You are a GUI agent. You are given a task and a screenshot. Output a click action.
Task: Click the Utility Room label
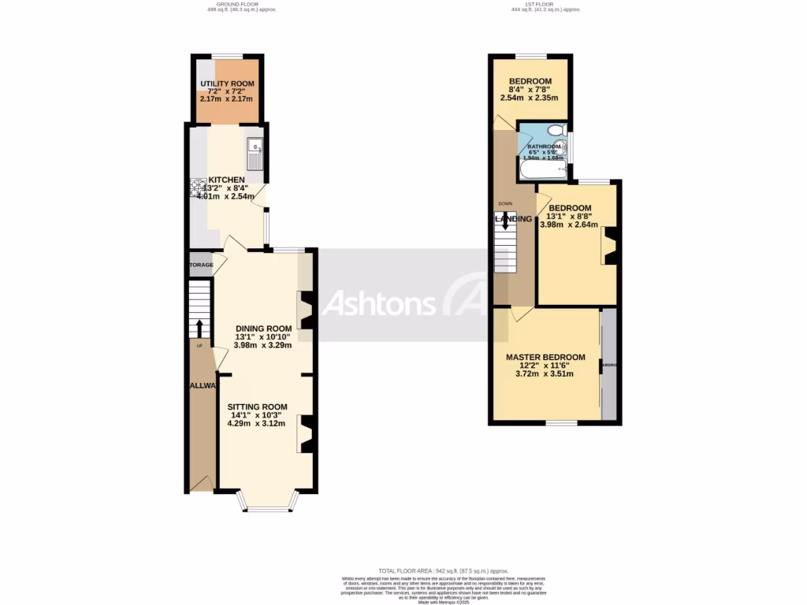click(x=227, y=84)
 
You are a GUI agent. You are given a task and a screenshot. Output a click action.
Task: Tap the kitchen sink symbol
click(x=254, y=154)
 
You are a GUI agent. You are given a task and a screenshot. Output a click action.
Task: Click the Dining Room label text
click(x=263, y=329)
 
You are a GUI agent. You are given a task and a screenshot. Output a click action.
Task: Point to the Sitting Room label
click(x=258, y=406)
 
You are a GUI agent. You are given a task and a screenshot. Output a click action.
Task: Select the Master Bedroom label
click(x=545, y=357)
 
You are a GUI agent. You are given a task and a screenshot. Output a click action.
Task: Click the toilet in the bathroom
click(x=556, y=130)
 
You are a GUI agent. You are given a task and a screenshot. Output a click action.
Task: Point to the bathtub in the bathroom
click(x=544, y=169)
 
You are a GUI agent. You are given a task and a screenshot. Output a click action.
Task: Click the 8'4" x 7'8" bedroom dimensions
click(x=529, y=90)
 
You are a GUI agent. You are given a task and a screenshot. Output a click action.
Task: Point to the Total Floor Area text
click(x=444, y=570)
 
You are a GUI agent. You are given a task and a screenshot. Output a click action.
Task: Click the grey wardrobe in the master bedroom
click(x=608, y=365)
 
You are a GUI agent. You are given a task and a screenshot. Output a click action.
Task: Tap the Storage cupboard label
click(x=201, y=265)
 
